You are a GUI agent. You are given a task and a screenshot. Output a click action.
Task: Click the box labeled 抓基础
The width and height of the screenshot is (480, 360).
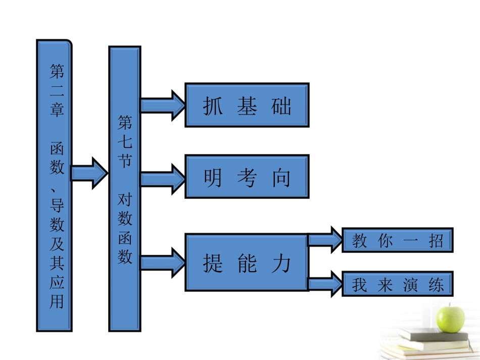(x=247, y=105)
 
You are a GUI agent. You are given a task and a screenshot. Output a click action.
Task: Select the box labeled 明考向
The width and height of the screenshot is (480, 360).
(x=247, y=176)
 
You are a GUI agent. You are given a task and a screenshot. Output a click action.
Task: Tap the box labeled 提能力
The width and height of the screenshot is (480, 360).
(x=247, y=262)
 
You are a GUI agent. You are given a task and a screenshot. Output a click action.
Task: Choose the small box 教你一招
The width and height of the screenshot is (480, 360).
(x=397, y=240)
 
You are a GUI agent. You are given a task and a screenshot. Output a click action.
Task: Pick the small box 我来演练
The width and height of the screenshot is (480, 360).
(x=397, y=284)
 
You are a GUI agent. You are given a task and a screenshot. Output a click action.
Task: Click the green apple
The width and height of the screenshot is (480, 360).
(x=451, y=317)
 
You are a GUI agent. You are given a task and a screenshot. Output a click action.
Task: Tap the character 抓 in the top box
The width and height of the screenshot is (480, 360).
(x=213, y=106)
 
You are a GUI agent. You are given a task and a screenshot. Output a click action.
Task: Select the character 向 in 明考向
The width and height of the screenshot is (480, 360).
(x=281, y=177)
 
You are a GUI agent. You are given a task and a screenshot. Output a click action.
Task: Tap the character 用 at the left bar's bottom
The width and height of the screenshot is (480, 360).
(x=57, y=301)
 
